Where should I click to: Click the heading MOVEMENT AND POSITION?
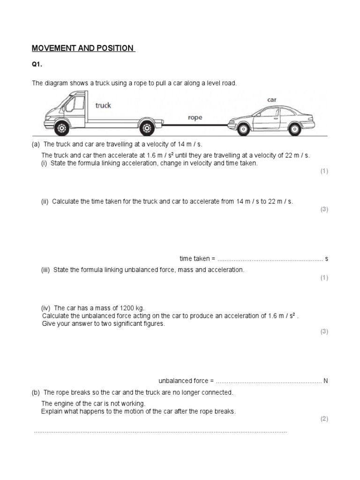click(83, 49)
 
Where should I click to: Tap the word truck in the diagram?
click(103, 105)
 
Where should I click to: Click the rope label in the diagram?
click(195, 118)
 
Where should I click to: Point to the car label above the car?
click(272, 100)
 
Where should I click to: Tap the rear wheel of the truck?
click(147, 127)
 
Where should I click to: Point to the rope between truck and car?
click(195, 125)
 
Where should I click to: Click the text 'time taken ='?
click(197, 259)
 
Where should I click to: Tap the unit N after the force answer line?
click(325, 381)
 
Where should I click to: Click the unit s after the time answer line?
click(326, 259)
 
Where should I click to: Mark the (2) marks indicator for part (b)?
click(324, 419)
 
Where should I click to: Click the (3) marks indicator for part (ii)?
click(324, 210)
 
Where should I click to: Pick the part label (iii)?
click(46, 270)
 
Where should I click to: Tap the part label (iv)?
click(46, 308)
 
